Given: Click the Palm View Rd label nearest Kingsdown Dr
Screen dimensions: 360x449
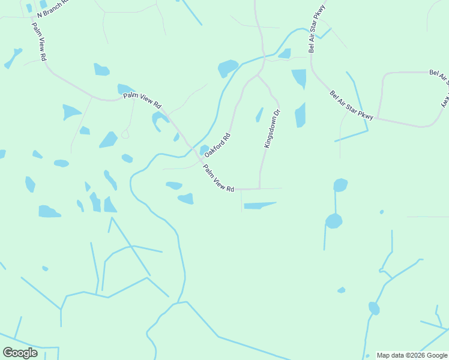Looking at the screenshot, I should click(218, 178).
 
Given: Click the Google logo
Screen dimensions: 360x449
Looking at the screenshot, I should click(20, 353).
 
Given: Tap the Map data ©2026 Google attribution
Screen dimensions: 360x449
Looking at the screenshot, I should click(412, 355).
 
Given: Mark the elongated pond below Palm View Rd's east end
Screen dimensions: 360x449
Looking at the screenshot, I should click(259, 205).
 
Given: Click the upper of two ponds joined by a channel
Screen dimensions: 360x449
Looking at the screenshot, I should click(340, 185).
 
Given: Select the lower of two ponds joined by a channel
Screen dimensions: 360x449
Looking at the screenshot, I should click(334, 221).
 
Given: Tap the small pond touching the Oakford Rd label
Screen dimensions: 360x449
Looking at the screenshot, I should click(204, 149).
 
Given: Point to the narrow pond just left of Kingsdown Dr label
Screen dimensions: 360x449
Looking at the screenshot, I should click(259, 114).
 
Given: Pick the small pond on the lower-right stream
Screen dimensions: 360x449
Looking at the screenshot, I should click(374, 308).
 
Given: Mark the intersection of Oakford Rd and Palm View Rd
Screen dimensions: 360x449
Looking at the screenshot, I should click(193, 148).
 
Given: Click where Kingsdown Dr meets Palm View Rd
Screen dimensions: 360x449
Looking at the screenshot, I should click(259, 188).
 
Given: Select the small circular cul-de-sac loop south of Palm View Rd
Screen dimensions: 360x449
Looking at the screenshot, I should click(125, 134).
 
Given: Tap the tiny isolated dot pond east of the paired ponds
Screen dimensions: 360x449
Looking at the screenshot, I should click(381, 212).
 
